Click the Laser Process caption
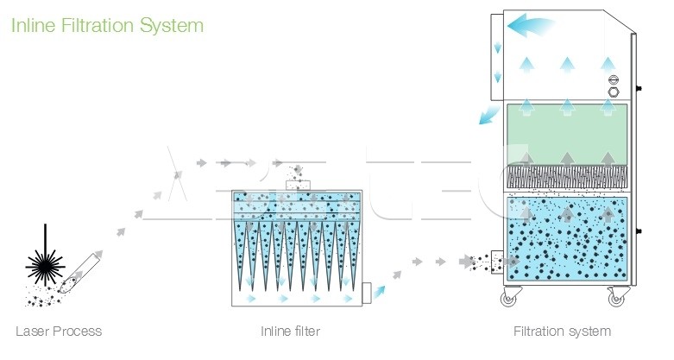pyautogui.click(x=59, y=332)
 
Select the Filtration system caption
pyautogui.click(x=562, y=332)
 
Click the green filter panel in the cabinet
pyautogui.click(x=567, y=129)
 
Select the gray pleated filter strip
pyautogui.click(x=567, y=178)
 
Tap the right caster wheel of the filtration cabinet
pyautogui.click(x=616, y=298)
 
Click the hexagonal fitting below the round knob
pyautogui.click(x=614, y=89)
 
